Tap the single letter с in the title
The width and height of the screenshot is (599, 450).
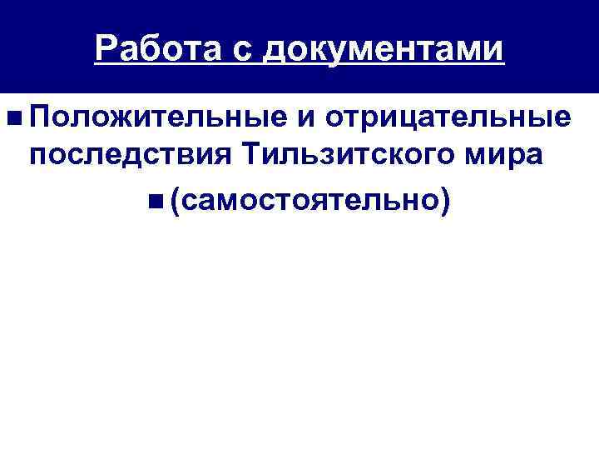coord(236,50)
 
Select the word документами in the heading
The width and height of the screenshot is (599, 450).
coord(383,50)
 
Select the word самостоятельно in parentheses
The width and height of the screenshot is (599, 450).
coord(311,200)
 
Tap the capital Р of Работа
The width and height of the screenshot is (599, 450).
coord(105,49)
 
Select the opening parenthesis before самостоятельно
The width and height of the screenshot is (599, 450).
coord(178,200)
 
